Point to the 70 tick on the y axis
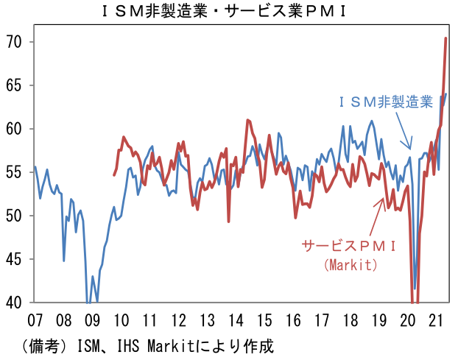coord(16,42)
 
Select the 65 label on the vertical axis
coord(16,85)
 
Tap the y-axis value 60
coord(16,129)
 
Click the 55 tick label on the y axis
coord(16,172)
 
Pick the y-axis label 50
coord(16,216)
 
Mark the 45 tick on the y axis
coord(16,259)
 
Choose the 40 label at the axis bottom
coord(16,302)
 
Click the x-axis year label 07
coord(35,321)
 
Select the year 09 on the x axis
coord(92,321)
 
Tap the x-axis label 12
coord(178,321)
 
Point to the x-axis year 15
coord(264,321)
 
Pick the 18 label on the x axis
coord(350,321)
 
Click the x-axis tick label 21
coord(436,321)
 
